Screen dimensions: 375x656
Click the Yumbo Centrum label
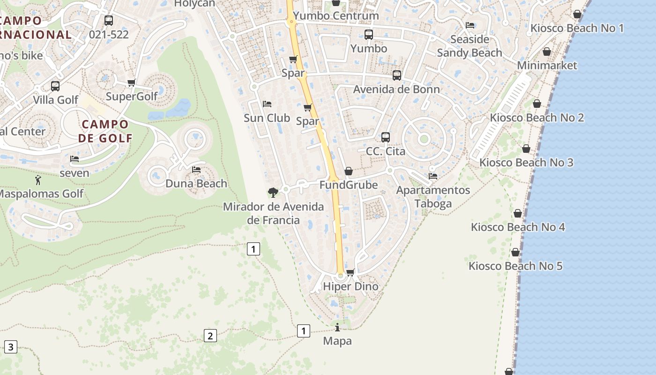pyautogui.click(x=335, y=16)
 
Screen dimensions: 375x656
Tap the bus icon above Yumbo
pyautogui.click(x=369, y=35)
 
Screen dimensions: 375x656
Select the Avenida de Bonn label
pyautogui.click(x=396, y=89)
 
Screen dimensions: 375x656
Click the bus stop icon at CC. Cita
pyautogui.click(x=385, y=137)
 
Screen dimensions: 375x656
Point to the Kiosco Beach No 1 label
pyautogui.click(x=577, y=28)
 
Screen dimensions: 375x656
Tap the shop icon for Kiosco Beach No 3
pyautogui.click(x=526, y=149)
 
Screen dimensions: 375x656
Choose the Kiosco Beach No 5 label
pyautogui.click(x=515, y=266)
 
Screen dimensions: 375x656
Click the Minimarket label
pyautogui.click(x=547, y=65)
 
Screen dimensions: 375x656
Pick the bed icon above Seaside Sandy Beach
pyautogui.click(x=470, y=25)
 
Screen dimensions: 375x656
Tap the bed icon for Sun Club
pyautogui.click(x=267, y=104)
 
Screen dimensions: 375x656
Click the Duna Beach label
pyautogui.click(x=196, y=183)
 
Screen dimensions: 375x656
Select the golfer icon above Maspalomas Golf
pyautogui.click(x=38, y=180)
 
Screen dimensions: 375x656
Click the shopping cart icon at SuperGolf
pyautogui.click(x=131, y=83)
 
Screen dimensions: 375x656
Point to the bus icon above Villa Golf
pyautogui.click(x=55, y=86)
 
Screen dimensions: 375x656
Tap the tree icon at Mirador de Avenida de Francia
pyautogui.click(x=273, y=192)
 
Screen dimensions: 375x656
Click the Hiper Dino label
pyautogui.click(x=350, y=286)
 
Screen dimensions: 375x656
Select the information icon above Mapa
pyautogui.click(x=337, y=327)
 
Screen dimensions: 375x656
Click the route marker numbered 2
pyautogui.click(x=210, y=336)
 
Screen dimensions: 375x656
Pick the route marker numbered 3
pyautogui.click(x=10, y=347)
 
